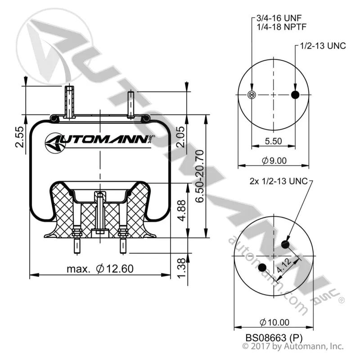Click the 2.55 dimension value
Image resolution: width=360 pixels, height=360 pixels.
pyautogui.click(x=20, y=137)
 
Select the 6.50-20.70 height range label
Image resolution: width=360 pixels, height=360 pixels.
pyautogui.click(x=199, y=176)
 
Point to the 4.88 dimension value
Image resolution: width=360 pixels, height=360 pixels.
pyautogui.click(x=182, y=211)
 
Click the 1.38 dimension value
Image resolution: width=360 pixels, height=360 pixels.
pyautogui.click(x=181, y=268)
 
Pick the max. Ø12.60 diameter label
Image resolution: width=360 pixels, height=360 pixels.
pyautogui.click(x=100, y=269)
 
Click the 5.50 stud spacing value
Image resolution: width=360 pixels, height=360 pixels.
pyautogui.click(x=273, y=141)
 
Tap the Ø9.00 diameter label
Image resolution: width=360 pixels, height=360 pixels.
pyautogui.click(x=274, y=161)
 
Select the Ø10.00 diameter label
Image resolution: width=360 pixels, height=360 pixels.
pyautogui.click(x=274, y=322)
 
